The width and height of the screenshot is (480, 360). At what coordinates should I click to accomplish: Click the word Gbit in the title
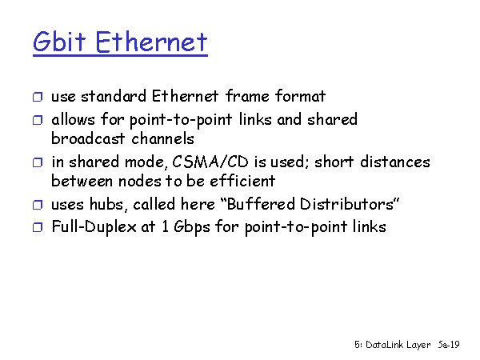pyautogui.click(x=59, y=42)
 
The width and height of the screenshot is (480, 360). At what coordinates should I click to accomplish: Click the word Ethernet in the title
pyautogui.click(x=151, y=42)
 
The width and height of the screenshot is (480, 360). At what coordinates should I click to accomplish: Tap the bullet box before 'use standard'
pyautogui.click(x=38, y=97)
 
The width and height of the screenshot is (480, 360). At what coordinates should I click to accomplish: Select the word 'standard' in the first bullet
pyautogui.click(x=114, y=96)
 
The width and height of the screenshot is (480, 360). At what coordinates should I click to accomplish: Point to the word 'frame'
pyautogui.click(x=248, y=96)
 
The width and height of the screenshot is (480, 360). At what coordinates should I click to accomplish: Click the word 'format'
pyautogui.click(x=300, y=96)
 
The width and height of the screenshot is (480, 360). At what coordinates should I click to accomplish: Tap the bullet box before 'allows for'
pyautogui.click(x=38, y=120)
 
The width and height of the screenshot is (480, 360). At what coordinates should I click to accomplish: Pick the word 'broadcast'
pyautogui.click(x=88, y=138)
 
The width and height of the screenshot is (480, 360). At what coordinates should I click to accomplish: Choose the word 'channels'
pyautogui.click(x=163, y=138)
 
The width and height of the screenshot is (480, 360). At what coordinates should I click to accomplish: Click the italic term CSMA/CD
pyautogui.click(x=210, y=162)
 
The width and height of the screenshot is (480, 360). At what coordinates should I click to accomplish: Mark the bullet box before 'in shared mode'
pyautogui.click(x=38, y=162)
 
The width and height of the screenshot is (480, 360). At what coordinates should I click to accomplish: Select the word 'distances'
pyautogui.click(x=395, y=162)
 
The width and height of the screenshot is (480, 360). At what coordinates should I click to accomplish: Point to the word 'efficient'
pyautogui.click(x=242, y=181)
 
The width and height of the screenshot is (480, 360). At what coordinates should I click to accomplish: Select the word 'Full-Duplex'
pyautogui.click(x=94, y=227)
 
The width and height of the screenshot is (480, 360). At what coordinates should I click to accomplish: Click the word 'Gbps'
pyautogui.click(x=192, y=228)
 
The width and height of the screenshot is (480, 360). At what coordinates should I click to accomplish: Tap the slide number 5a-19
pyautogui.click(x=449, y=345)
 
